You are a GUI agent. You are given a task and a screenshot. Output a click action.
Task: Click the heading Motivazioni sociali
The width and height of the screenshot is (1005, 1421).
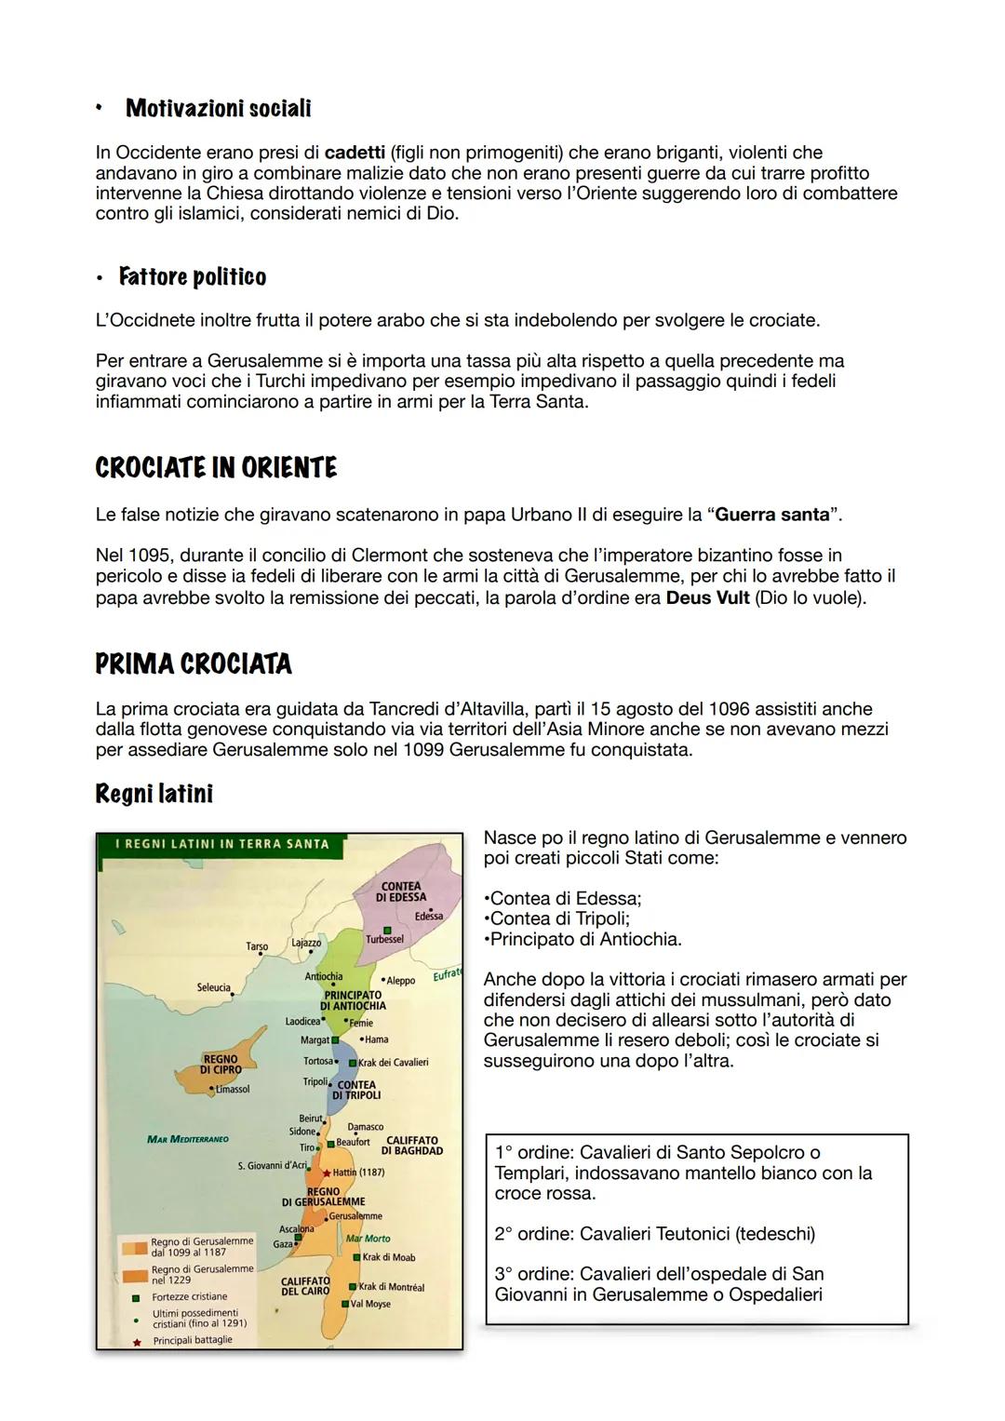(218, 109)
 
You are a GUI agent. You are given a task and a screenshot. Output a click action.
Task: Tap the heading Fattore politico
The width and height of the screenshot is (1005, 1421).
(192, 277)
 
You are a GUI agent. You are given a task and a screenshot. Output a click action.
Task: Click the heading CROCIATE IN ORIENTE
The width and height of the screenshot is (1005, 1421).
(216, 468)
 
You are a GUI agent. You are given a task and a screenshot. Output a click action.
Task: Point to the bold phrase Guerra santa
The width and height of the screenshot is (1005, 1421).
(771, 515)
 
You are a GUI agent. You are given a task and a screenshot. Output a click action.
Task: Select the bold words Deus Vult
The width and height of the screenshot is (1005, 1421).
(707, 597)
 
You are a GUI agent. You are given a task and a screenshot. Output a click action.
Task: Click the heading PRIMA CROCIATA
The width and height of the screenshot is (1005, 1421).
(194, 664)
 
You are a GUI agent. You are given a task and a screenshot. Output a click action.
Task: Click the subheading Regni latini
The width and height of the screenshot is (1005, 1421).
(154, 795)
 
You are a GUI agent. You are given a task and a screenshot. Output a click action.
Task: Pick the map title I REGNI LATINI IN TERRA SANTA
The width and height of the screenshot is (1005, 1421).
(221, 844)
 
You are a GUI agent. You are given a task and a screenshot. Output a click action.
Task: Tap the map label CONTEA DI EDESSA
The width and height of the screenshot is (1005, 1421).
(401, 891)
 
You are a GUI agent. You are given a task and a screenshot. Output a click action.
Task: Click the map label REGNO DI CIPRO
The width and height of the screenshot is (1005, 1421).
(221, 1065)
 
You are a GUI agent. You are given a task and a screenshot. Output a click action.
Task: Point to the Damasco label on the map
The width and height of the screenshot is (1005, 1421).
(365, 1127)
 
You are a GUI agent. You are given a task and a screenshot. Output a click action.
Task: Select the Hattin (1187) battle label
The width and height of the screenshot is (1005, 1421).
(358, 1173)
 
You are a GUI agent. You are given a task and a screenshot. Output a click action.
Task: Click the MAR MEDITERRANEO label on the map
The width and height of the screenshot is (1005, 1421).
(187, 1139)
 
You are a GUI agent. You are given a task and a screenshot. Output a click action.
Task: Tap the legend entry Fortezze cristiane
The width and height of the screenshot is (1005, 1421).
(189, 1296)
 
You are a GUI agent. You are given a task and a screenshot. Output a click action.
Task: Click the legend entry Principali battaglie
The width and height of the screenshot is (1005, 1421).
(192, 1340)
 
